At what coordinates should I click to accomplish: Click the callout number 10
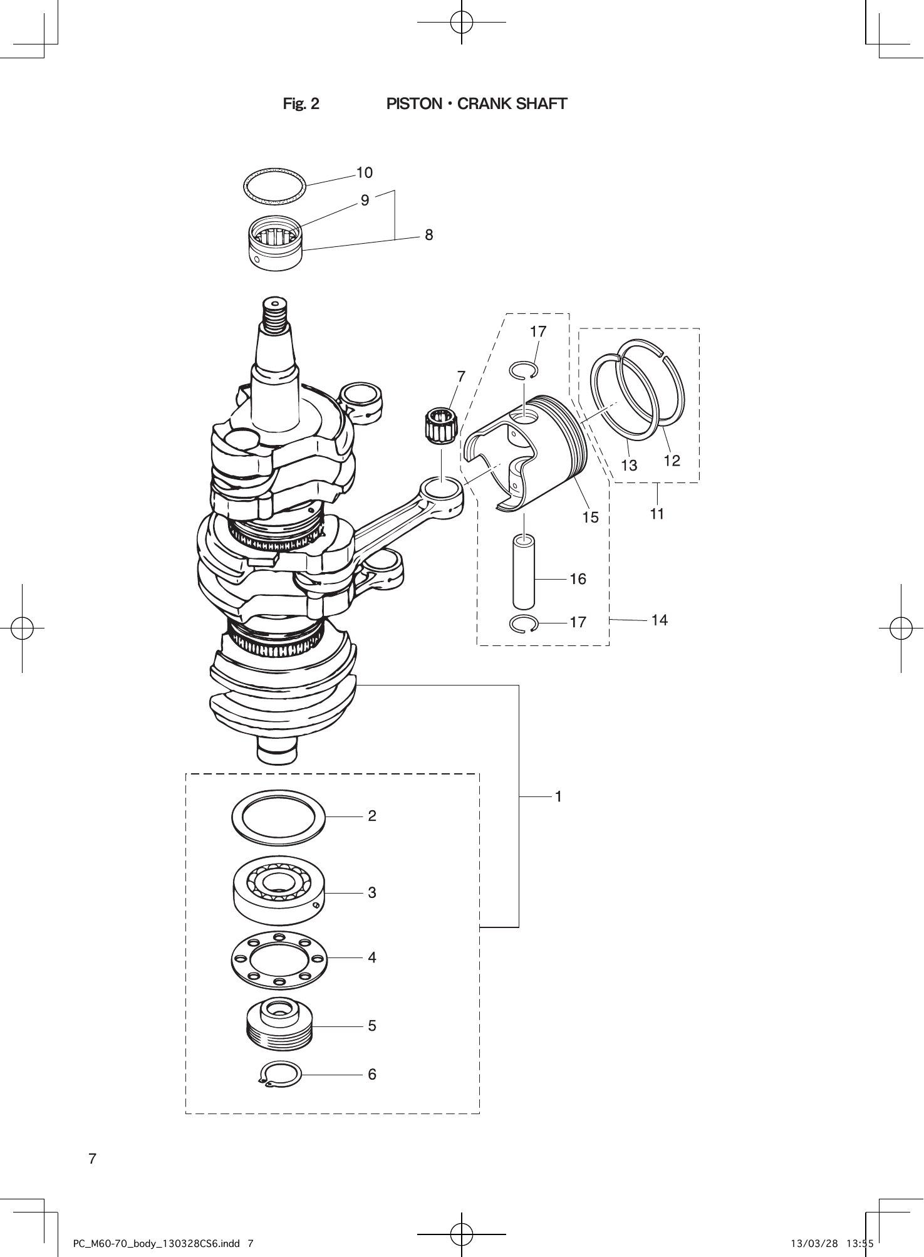pyautogui.click(x=364, y=172)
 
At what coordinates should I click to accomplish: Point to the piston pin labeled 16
pyautogui.click(x=524, y=571)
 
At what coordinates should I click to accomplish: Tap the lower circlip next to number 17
pyautogui.click(x=523, y=624)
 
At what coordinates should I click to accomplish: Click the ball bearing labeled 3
pyautogui.click(x=278, y=890)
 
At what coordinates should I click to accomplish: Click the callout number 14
pyautogui.click(x=659, y=620)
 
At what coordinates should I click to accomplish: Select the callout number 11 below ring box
pyautogui.click(x=657, y=514)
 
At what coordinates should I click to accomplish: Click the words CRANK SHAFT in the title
pyautogui.click(x=512, y=104)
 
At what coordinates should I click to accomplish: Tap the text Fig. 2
pyautogui.click(x=301, y=104)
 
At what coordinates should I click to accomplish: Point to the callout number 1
pyautogui.click(x=558, y=796)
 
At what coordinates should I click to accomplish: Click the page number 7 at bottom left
pyautogui.click(x=92, y=1159)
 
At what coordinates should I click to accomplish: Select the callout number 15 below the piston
pyautogui.click(x=590, y=518)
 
